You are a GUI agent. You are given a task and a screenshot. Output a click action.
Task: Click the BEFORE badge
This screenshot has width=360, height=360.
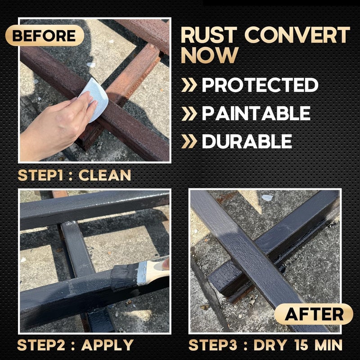[44, 36]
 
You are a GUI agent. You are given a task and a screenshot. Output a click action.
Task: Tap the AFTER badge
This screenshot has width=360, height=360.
[313, 314]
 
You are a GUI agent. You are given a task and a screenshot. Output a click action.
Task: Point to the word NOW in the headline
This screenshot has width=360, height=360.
[210, 55]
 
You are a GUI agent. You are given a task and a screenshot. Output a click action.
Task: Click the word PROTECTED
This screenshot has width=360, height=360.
[260, 85]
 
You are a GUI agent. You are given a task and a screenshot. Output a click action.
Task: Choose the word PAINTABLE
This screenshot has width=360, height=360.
[256, 113]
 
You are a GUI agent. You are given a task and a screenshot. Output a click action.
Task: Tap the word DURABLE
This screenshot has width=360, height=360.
[247, 141]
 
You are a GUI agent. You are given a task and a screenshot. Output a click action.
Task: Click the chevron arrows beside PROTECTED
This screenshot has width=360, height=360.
[189, 85]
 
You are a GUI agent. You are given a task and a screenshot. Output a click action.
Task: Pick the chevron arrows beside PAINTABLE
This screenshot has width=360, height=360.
[189, 113]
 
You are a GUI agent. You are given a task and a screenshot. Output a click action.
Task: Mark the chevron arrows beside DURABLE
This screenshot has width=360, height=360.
[189, 141]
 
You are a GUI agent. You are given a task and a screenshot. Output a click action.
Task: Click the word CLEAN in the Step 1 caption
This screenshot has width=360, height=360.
[105, 175]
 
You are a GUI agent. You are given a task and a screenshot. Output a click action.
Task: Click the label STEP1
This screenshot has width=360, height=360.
[39, 175]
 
